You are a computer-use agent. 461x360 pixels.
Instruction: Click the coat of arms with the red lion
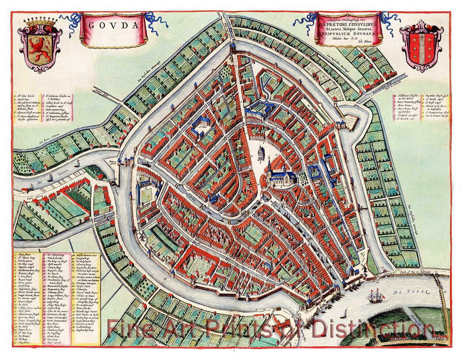tap(40, 45)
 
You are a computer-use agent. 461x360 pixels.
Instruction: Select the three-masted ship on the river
tap(375, 296)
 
